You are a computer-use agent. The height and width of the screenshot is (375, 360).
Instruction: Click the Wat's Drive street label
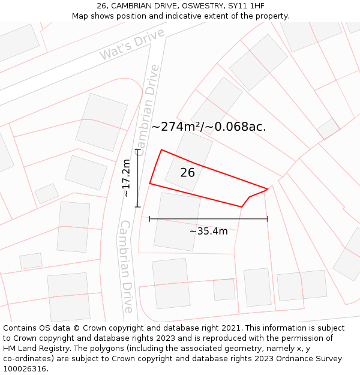(x=132, y=45)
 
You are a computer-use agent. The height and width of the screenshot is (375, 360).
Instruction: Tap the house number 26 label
(x=188, y=173)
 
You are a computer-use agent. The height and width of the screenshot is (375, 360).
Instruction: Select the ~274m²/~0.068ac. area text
(x=208, y=127)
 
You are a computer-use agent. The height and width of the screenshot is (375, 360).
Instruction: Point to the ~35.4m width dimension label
(x=209, y=231)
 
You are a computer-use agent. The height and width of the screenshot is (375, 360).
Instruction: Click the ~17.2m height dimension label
(x=126, y=178)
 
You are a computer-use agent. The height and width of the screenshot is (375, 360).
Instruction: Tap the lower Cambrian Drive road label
(x=126, y=267)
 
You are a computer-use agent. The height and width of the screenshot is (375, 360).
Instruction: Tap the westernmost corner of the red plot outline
(x=149, y=184)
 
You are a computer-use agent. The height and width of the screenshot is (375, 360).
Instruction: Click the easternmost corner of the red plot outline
(x=268, y=189)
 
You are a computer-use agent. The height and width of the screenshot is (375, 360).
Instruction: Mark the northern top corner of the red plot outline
(x=161, y=150)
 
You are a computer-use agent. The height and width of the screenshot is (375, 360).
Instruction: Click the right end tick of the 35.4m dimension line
(x=268, y=219)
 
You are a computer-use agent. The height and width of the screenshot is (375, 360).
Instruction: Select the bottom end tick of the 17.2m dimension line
(x=138, y=207)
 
